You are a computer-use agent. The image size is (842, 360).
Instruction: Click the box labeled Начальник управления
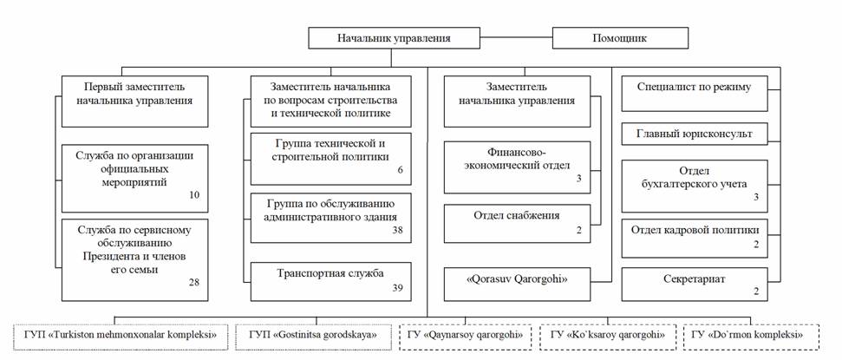tap(394, 38)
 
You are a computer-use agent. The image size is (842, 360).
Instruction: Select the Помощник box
tap(620, 38)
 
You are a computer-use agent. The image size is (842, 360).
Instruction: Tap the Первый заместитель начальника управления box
tap(134, 101)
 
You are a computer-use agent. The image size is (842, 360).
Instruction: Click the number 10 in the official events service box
tap(194, 194)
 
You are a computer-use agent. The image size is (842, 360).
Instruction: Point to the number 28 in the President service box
tap(194, 282)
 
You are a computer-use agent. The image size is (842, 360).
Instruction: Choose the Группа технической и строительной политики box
tap(330, 159)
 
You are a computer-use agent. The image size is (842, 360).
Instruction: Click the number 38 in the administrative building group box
tap(397, 231)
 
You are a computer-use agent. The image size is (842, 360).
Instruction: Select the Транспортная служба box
tap(330, 282)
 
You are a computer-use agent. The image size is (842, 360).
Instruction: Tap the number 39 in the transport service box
tap(397, 288)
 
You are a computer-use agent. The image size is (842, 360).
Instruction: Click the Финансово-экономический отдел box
tap(517, 167)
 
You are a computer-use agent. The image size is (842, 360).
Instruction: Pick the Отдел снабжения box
tap(517, 224)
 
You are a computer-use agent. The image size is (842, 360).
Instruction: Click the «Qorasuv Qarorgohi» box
tap(517, 281)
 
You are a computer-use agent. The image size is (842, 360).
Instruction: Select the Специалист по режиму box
tap(695, 94)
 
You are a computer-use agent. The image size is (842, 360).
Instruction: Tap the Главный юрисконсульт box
tap(695, 134)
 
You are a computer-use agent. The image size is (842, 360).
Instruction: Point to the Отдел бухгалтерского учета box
tap(695, 186)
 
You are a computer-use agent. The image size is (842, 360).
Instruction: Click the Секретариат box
tap(695, 285)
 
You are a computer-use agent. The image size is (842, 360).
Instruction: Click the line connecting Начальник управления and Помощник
tap(516, 38)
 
